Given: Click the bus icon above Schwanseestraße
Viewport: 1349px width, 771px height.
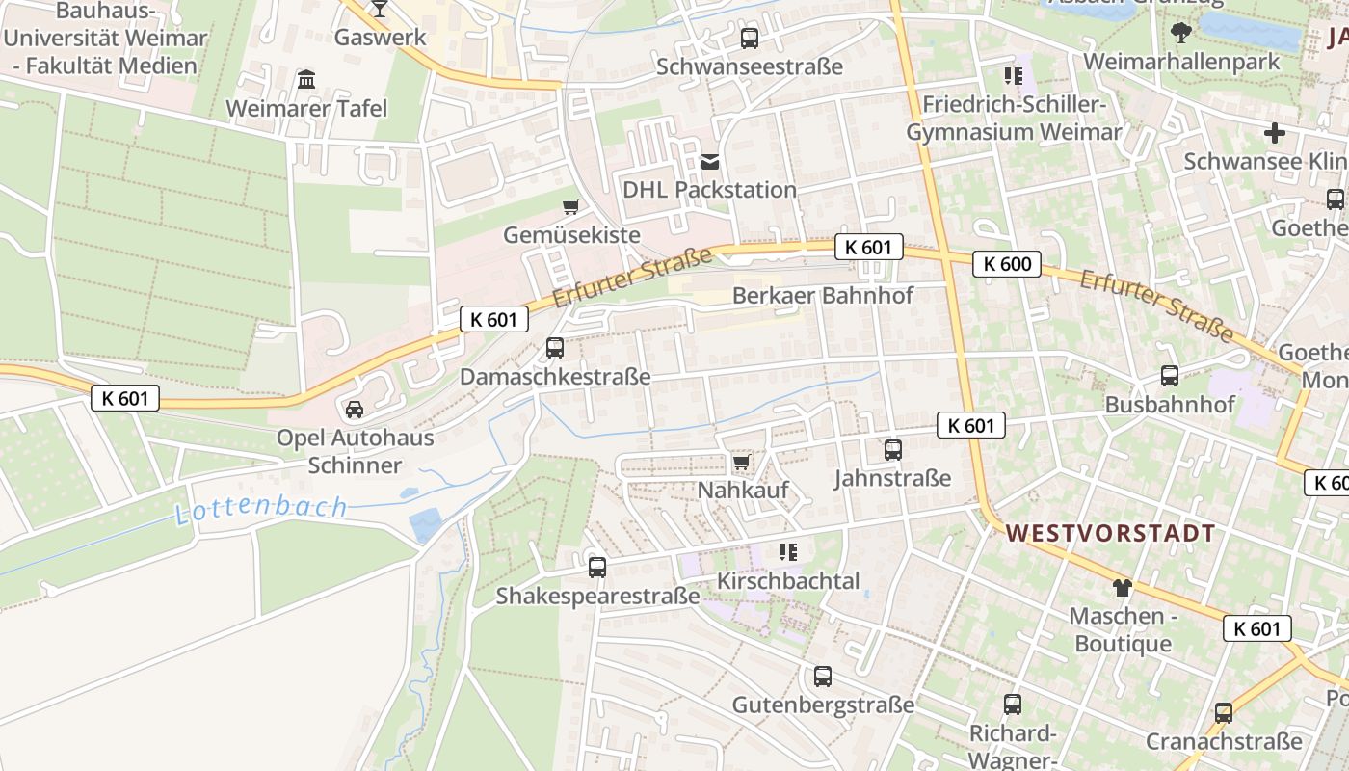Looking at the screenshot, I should tap(749, 39).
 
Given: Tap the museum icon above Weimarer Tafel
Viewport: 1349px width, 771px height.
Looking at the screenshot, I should tap(306, 79).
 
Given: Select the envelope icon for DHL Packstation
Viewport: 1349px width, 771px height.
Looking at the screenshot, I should tap(710, 162).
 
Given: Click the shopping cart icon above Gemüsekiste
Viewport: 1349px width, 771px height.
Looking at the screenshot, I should tap(570, 206).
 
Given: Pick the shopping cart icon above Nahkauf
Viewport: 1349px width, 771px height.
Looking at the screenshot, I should tap(741, 464).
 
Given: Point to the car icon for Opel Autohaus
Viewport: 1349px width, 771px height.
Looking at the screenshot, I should tap(355, 410).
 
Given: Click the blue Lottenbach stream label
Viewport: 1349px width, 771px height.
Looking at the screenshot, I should tap(261, 508).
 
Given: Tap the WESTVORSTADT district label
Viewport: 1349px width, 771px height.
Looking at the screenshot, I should tap(1110, 533).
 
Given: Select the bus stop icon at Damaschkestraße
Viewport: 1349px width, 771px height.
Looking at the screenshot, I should tap(555, 348).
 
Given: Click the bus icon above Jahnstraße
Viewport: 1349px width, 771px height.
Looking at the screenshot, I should tap(892, 450).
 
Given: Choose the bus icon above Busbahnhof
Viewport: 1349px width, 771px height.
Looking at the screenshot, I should tap(1169, 376).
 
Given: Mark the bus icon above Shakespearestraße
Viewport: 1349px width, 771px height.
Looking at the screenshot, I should tap(597, 568).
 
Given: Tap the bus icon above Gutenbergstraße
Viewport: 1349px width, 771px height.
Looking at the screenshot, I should tap(822, 677).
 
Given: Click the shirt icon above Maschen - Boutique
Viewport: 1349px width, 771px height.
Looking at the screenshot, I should tap(1122, 587).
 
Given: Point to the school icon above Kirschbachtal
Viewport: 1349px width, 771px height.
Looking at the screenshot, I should tap(788, 552).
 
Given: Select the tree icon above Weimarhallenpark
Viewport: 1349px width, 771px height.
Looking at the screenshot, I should tap(1180, 34).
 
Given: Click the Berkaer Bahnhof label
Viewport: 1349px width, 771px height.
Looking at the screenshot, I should tap(823, 295).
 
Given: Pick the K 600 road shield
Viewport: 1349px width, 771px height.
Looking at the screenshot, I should tap(1007, 264).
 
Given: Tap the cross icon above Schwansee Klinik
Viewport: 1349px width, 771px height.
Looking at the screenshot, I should tap(1275, 133).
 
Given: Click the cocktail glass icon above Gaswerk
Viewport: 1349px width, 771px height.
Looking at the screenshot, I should tap(380, 9).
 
